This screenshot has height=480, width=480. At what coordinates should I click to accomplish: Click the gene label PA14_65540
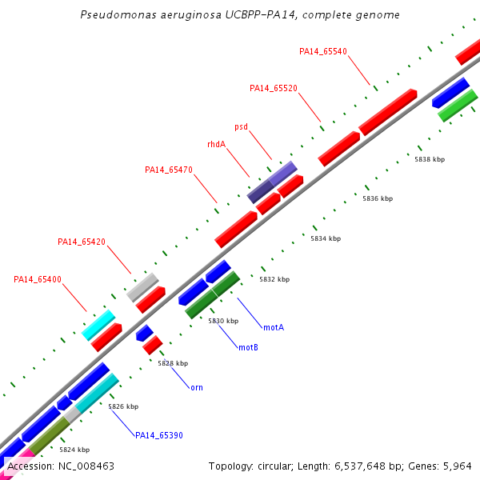pyautogui.click(x=323, y=51)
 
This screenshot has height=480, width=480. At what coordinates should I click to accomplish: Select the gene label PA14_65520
pyautogui.click(x=274, y=88)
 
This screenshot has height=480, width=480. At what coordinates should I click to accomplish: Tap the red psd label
pyautogui.click(x=242, y=126)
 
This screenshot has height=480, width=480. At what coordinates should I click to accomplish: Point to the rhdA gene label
pyautogui.click(x=217, y=144)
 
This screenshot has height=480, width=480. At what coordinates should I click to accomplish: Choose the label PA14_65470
pyautogui.click(x=169, y=170)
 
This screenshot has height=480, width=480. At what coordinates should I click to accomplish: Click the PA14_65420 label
pyautogui.click(x=82, y=242)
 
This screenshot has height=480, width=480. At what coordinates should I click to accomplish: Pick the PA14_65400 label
pyautogui.click(x=38, y=279)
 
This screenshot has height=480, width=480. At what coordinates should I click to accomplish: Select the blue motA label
pyautogui.click(x=274, y=327)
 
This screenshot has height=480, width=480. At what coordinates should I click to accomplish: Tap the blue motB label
pyautogui.click(x=248, y=347)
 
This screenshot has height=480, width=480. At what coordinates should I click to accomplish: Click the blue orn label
pyautogui.click(x=197, y=388)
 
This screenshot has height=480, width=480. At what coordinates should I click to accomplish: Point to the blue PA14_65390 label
pyautogui.click(x=159, y=435)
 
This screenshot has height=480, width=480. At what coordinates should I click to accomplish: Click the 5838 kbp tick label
pyautogui.click(x=430, y=159)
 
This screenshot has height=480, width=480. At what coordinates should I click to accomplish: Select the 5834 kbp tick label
pyautogui.click(x=326, y=238)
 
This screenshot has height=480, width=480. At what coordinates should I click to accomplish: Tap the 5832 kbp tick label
pyautogui.click(x=274, y=279)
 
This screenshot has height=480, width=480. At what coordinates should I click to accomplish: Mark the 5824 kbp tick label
pyautogui.click(x=74, y=450)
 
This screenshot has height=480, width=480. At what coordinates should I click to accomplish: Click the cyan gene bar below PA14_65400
pyautogui.click(x=98, y=325)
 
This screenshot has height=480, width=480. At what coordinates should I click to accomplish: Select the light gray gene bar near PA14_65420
pyautogui.click(x=142, y=287)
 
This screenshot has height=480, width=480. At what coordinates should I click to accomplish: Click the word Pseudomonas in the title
pyautogui.click(x=118, y=14)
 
